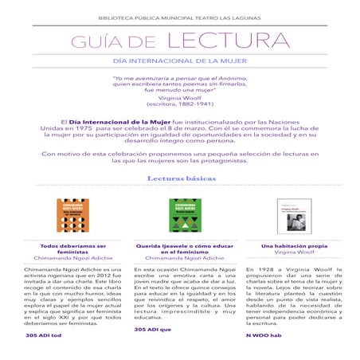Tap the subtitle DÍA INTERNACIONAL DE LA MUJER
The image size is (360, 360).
(179, 61)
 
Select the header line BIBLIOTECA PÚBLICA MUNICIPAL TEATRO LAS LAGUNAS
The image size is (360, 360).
(179, 15)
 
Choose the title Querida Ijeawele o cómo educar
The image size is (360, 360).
(181, 249)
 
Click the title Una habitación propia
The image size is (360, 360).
(284, 246)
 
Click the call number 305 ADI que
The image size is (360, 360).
(153, 328)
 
